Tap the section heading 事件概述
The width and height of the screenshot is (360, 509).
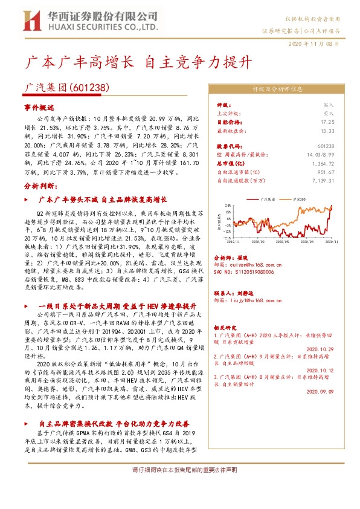(x=39, y=107)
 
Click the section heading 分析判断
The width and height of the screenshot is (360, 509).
(x=40, y=186)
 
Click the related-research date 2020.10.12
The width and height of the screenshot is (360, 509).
(x=320, y=370)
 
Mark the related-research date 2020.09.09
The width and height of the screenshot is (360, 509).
(x=320, y=391)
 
